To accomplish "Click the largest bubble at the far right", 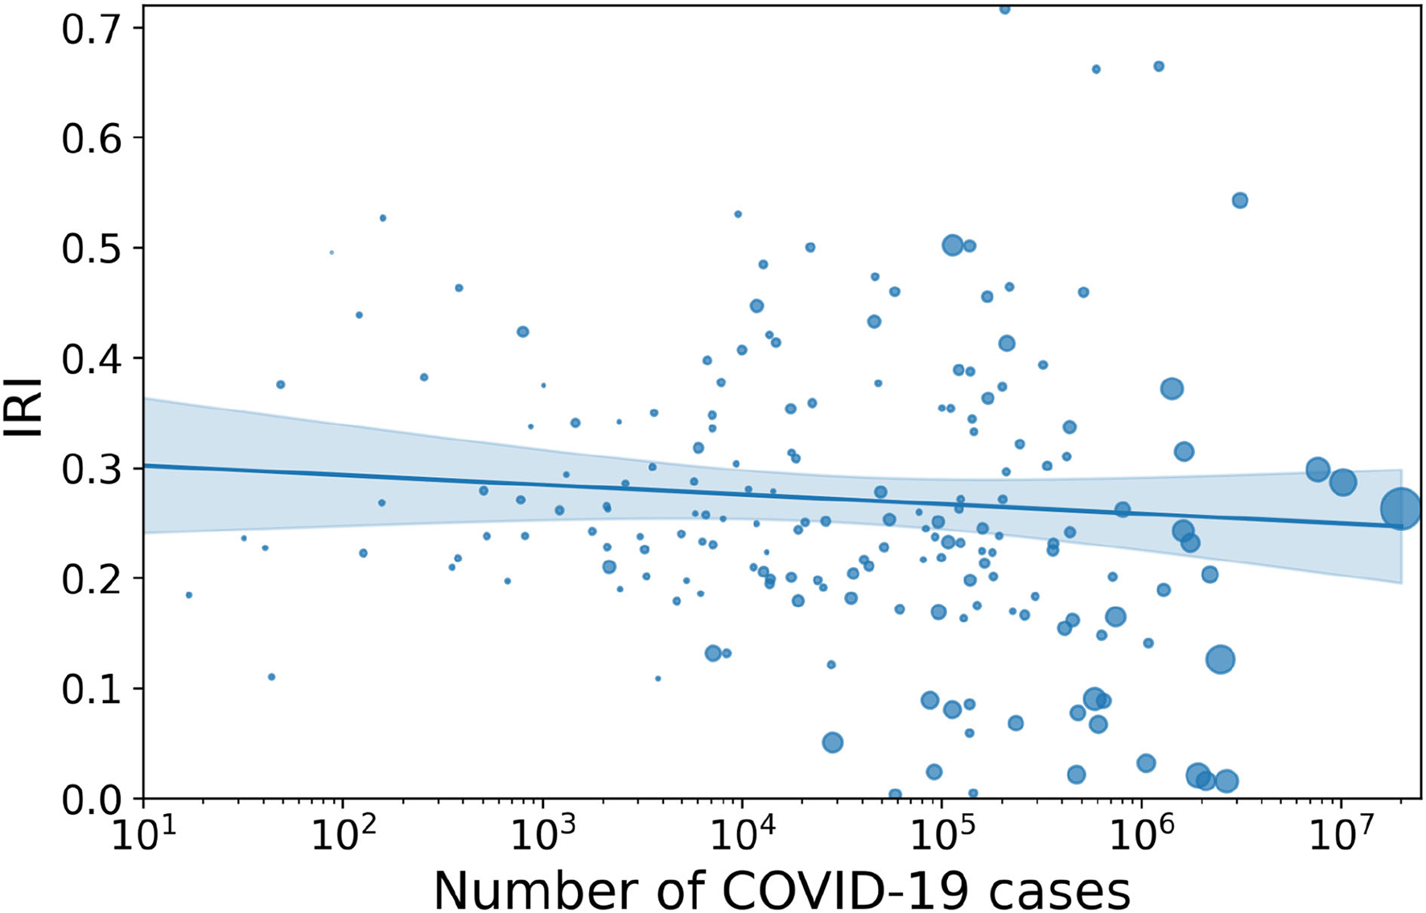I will [1400, 508].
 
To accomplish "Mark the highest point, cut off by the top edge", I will [1004, 9].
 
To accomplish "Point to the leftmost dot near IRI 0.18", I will [189, 595].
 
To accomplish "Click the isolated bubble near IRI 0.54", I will [1240, 200].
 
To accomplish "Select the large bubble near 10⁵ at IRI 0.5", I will [953, 245].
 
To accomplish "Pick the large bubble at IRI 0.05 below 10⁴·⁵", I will [833, 742].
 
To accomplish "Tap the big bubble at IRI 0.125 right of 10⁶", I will [1221, 660].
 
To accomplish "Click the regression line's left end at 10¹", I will [146, 465].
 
